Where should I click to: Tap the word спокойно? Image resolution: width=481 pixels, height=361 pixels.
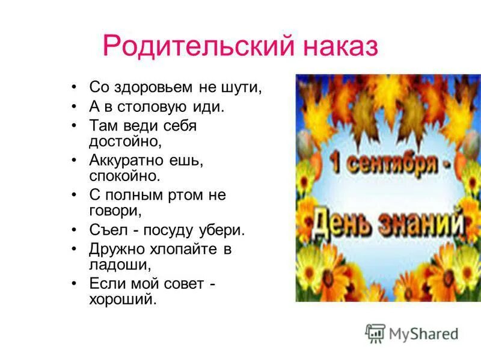(x=125, y=176)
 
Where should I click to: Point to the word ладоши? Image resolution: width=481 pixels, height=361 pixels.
(x=119, y=264)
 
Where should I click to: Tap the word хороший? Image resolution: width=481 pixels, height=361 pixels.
(x=123, y=298)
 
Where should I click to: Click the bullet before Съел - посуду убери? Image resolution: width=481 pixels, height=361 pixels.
(x=73, y=230)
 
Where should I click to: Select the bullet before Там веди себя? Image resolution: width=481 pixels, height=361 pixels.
(x=73, y=126)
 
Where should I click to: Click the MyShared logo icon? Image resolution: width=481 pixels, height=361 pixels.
(x=375, y=333)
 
